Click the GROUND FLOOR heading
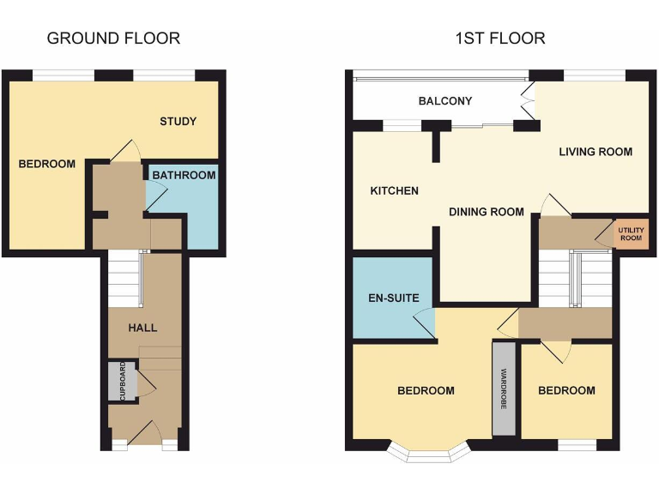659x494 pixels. (x=113, y=38)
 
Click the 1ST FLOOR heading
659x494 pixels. (x=500, y=38)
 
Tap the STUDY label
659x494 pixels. (x=178, y=121)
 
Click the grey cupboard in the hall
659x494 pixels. (x=121, y=382)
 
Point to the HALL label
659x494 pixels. (x=142, y=328)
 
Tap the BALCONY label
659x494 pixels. (x=444, y=101)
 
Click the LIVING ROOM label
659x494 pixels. (x=596, y=152)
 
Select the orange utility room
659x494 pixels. (x=630, y=232)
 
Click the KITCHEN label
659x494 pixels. (x=394, y=190)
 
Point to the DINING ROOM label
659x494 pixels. (x=487, y=212)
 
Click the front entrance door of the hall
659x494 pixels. (x=145, y=434)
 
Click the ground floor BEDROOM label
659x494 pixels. (x=46, y=164)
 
